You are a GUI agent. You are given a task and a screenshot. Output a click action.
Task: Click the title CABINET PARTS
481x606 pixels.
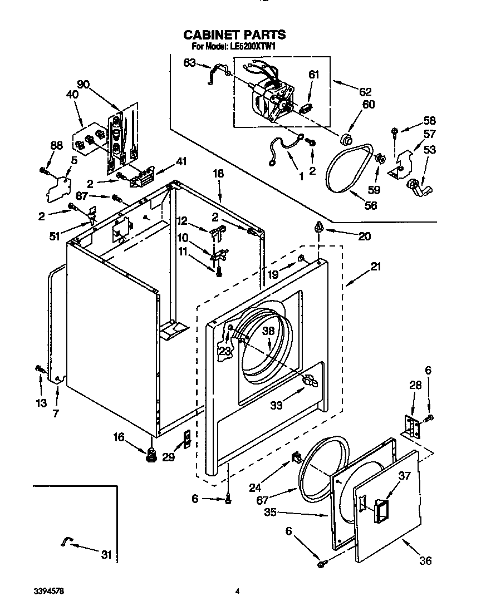tap(234, 35)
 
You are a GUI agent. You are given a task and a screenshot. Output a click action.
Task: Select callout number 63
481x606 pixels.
tap(189, 62)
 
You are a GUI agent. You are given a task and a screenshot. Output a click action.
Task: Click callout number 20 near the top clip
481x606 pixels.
tap(364, 236)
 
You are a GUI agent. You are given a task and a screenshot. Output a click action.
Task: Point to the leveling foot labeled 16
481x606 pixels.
tap(150, 455)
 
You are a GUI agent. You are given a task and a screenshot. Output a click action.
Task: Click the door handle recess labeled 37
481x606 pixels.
tap(382, 510)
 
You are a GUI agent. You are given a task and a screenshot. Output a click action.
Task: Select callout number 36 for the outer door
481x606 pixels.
tap(425, 561)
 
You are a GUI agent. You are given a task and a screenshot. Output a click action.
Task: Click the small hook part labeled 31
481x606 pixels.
tap(66, 541)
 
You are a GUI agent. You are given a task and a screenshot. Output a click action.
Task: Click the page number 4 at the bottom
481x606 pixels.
tap(237, 591)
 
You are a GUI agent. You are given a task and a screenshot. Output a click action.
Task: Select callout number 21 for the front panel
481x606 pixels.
tap(376, 267)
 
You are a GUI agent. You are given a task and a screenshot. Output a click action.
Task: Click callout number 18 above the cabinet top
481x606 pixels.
tap(218, 174)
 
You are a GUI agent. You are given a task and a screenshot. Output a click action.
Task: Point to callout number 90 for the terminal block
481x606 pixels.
tap(83, 84)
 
